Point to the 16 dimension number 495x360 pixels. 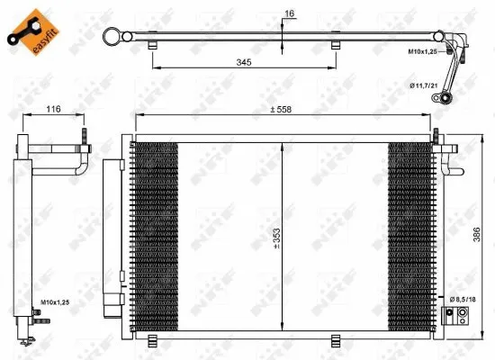tap(288, 13)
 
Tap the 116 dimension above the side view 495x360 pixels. tap(53, 110)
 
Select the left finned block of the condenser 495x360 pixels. tap(153, 234)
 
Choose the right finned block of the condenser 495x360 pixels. tap(410, 234)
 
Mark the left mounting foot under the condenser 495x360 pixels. tap(153, 339)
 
